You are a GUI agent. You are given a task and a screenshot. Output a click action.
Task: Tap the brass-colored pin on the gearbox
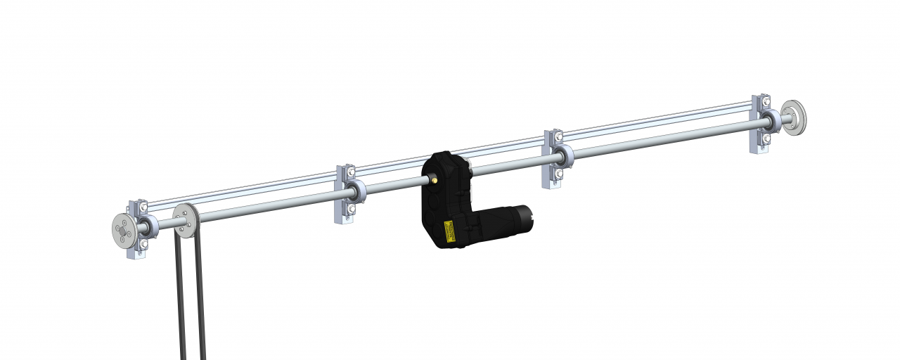click(435, 180)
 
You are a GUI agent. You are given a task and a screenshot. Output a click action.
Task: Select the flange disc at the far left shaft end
click(124, 229)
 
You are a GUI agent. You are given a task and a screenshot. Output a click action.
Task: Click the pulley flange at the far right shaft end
click(795, 117)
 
